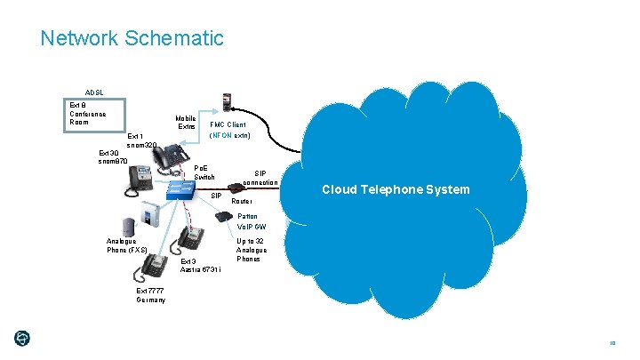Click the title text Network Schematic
click(x=132, y=38)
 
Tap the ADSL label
click(x=94, y=92)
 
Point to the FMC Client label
click(x=228, y=125)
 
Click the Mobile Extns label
click(x=186, y=123)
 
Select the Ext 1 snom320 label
click(x=142, y=140)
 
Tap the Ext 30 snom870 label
click(x=114, y=156)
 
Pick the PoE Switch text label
click(x=204, y=172)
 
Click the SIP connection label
click(x=260, y=178)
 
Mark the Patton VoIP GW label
click(x=251, y=221)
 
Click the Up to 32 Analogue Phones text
click(x=251, y=250)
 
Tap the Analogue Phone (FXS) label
click(x=126, y=245)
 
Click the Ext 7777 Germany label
click(x=151, y=295)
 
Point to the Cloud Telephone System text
click(x=396, y=189)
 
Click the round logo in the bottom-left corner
click(x=22, y=338)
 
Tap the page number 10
click(x=612, y=343)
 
